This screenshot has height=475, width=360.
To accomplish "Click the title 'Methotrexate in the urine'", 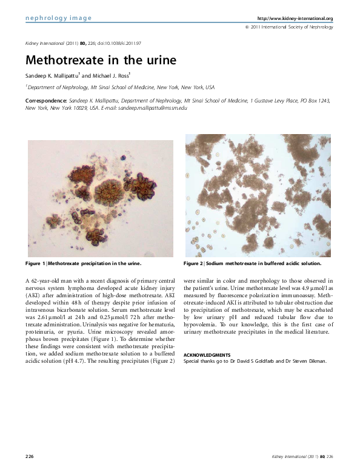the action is pos(101,61).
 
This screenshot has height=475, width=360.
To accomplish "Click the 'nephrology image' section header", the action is pos(58,18).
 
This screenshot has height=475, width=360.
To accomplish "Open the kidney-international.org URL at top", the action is pos(295,19).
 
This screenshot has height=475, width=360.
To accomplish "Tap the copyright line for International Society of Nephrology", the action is pos(288,27).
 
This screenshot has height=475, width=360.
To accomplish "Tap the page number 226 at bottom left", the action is pos(29,455).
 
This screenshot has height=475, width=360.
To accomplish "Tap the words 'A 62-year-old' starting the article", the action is pos(44,281).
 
